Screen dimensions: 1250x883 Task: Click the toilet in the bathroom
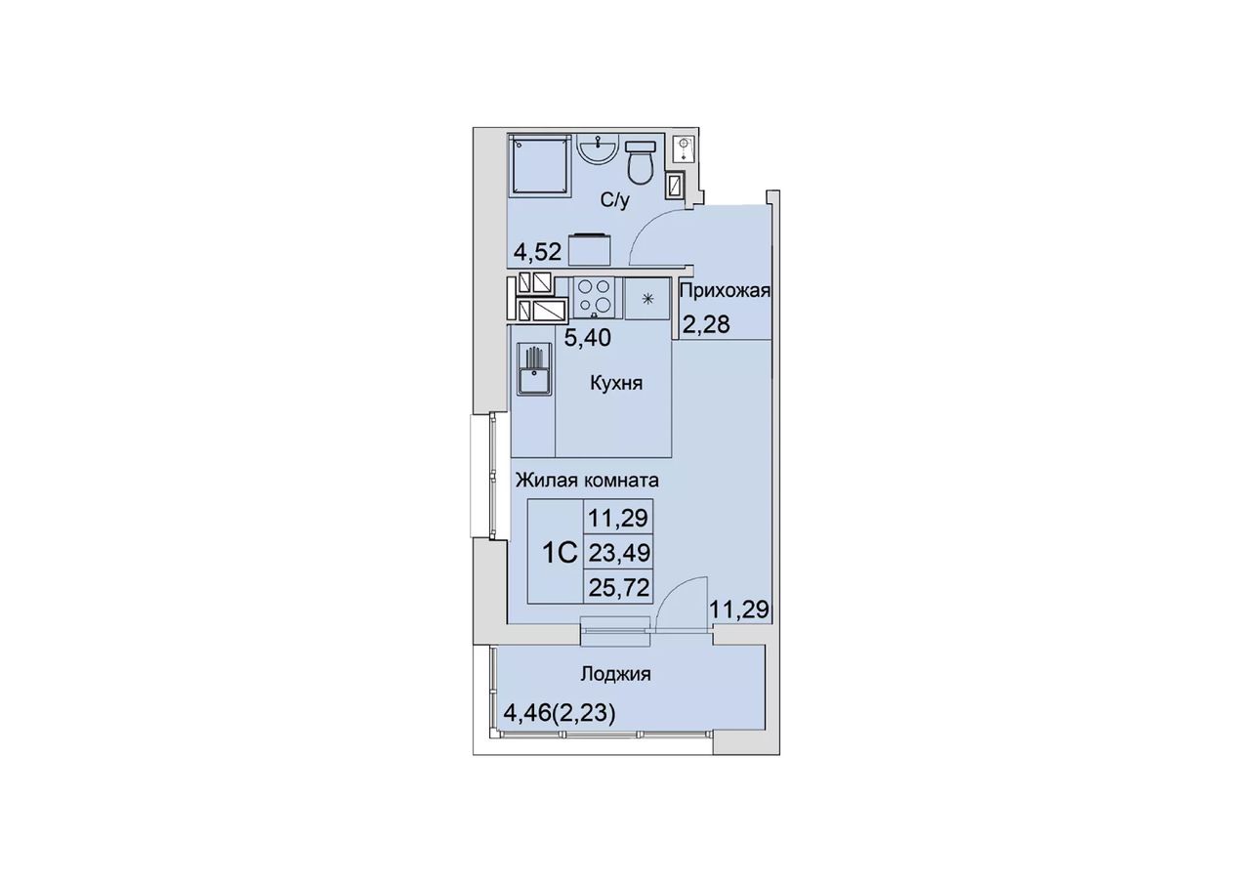click(x=640, y=162)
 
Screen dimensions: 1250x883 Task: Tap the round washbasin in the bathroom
click(x=598, y=147)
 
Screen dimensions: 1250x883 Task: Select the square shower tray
click(x=541, y=165)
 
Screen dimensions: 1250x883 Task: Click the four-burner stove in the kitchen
click(x=594, y=297)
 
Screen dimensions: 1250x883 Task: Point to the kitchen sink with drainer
click(x=534, y=369)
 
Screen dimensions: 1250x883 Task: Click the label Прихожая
click(x=726, y=291)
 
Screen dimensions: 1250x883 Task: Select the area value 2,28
click(x=706, y=324)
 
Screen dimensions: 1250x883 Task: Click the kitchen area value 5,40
click(x=587, y=338)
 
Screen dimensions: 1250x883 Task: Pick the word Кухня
click(x=616, y=384)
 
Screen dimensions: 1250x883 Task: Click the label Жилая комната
click(x=587, y=480)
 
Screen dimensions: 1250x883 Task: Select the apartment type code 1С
click(x=560, y=554)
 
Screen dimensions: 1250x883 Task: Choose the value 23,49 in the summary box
click(x=619, y=553)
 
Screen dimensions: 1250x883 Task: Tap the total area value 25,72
click(x=619, y=588)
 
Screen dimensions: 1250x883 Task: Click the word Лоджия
click(x=615, y=675)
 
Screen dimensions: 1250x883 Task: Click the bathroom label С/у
click(x=615, y=200)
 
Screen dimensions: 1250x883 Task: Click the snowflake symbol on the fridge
click(x=647, y=299)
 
